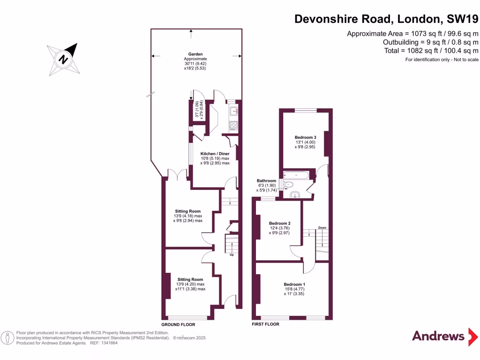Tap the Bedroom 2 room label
pos(279,223)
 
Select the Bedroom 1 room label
pos(294,284)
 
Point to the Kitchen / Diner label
pos(215,154)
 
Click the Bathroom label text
pos(266,181)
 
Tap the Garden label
pos(195,54)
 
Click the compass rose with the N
pos(63,59)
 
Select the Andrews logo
pos(438,336)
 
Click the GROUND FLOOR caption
pos(178,324)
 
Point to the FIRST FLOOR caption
pos(265,324)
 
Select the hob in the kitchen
pos(233,125)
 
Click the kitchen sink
pos(233,112)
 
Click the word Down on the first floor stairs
pos(322,228)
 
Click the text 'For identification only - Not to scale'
pos(442,60)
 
